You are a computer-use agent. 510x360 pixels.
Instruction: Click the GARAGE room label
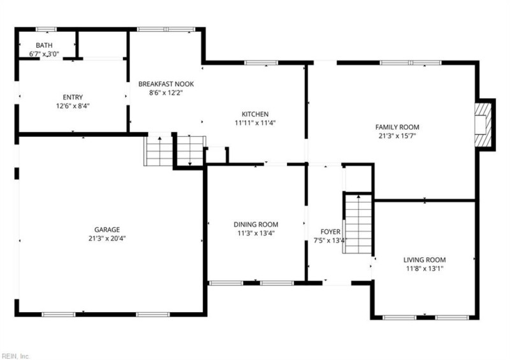[107, 229]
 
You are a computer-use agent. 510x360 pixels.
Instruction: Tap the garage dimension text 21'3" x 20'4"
[107, 239]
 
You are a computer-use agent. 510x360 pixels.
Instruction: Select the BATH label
[44, 45]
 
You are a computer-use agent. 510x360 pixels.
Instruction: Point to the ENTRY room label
[73, 97]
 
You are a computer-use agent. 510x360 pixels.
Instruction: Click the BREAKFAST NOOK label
[166, 83]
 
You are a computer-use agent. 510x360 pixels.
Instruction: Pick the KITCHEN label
[254, 113]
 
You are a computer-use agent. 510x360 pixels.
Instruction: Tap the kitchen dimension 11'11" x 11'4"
[254, 123]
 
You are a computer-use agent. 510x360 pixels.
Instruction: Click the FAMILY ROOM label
[397, 127]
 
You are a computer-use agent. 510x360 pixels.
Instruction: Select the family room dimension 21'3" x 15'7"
[397, 136]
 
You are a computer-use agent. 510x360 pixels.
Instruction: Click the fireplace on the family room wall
[484, 124]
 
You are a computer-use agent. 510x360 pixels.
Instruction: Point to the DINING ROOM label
[255, 224]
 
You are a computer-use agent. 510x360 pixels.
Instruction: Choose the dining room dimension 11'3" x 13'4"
[255, 233]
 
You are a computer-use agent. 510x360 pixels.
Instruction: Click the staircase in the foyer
[358, 224]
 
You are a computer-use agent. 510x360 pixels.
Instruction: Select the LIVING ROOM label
[424, 259]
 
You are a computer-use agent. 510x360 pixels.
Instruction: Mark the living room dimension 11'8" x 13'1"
[424, 269]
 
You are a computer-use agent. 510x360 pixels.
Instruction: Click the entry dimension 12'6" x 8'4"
[73, 106]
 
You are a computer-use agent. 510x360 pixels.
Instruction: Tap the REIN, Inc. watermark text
[15, 355]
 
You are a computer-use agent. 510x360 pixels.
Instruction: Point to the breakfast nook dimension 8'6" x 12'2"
[166, 93]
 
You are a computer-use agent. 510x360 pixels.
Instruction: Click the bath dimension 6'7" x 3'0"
[44, 55]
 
